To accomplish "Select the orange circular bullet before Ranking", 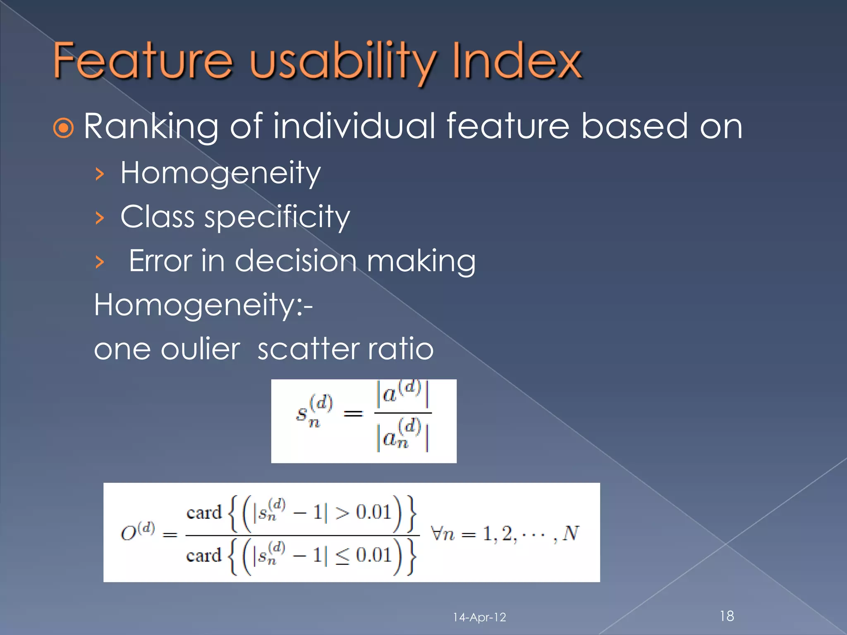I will coord(64,129).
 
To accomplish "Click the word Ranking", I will coord(151,127).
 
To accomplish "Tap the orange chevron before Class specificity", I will coord(99,217).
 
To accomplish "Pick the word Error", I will coord(160,261).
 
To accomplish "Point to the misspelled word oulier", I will coord(200,349).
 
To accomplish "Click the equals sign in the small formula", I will coord(353,413).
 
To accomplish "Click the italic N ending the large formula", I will coord(571,533).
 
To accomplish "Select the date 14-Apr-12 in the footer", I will coord(479,617).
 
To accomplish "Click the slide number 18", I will coord(727,616).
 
